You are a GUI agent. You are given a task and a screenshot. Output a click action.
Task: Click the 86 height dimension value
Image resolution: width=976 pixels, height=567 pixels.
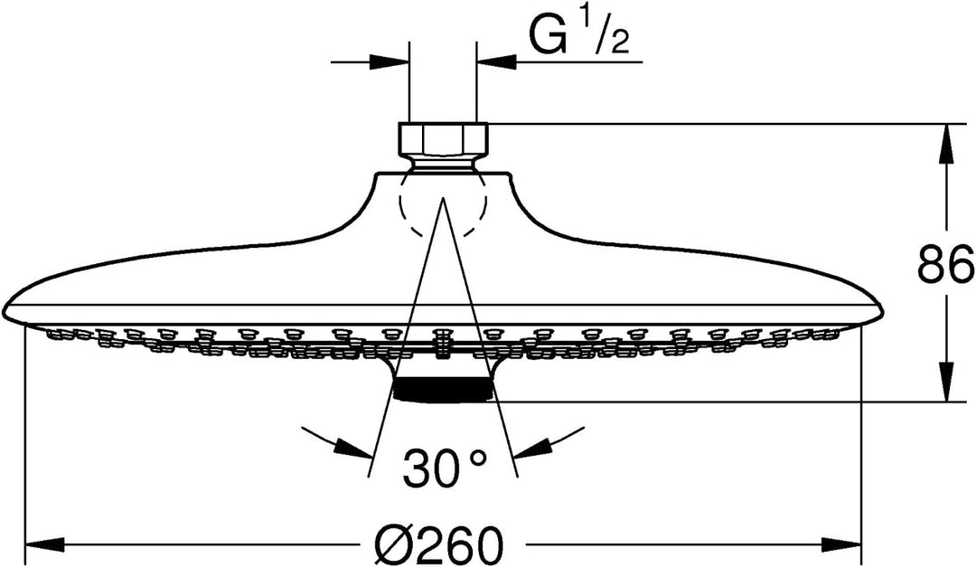[945, 264]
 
